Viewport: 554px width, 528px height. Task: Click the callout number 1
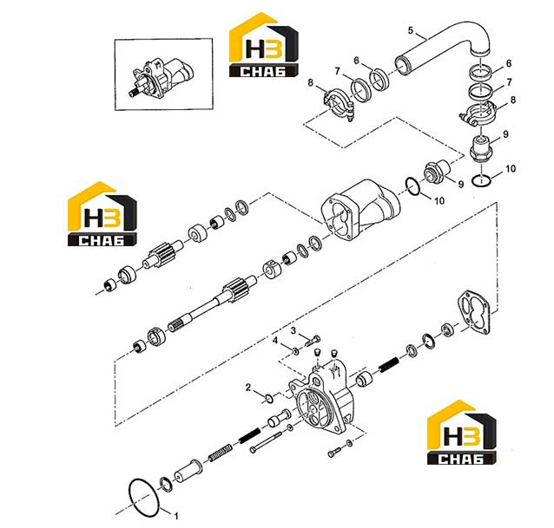click(176, 516)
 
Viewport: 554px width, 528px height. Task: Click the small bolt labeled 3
click(313, 341)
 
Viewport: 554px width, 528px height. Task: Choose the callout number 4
click(275, 341)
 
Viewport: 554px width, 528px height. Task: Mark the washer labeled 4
click(295, 351)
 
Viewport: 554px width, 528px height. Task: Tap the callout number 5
click(410, 30)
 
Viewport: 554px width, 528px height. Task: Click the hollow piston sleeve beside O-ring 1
click(188, 472)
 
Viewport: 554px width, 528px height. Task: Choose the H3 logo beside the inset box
click(264, 45)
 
